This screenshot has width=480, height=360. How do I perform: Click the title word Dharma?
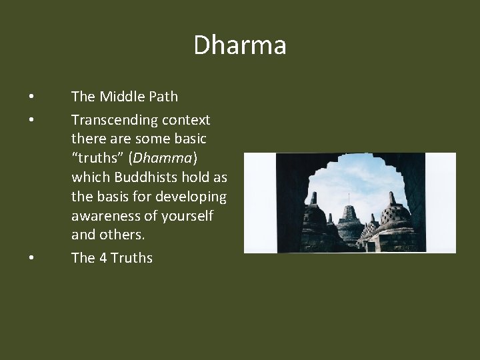(x=240, y=45)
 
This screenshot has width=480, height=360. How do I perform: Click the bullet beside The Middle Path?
(x=31, y=97)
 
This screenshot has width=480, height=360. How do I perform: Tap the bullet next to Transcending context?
(x=31, y=120)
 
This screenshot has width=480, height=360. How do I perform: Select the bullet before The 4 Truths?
(x=31, y=258)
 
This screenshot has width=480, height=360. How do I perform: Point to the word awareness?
(x=104, y=216)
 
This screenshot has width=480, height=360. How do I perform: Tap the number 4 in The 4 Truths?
(x=103, y=258)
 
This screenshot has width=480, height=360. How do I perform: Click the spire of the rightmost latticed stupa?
(x=392, y=198)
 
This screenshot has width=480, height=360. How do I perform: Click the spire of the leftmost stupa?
(x=314, y=198)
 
